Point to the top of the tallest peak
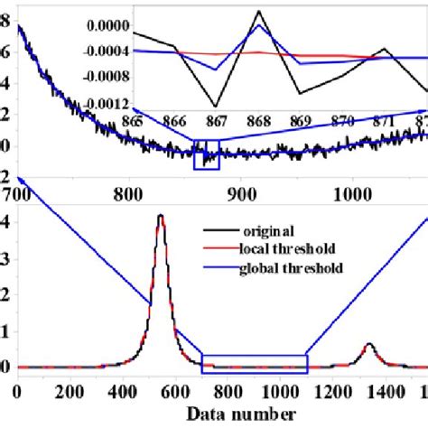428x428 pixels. click(161, 216)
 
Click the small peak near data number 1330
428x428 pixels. click(369, 344)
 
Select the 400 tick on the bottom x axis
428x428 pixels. click(158, 394)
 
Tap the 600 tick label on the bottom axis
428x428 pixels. click(228, 394)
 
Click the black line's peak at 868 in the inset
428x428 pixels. click(259, 11)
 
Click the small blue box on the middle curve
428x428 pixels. click(207, 154)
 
